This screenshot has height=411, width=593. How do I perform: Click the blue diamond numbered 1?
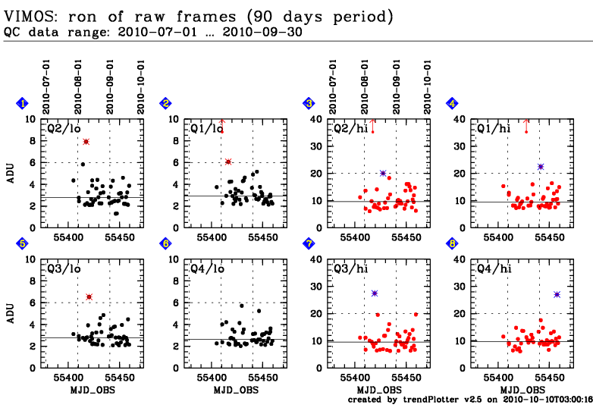24,103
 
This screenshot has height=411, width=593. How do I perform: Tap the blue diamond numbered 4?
453,103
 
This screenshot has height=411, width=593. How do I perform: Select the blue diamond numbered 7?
309,243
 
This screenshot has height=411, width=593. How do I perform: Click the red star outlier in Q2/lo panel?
86,142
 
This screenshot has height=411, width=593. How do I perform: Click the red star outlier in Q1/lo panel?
228,162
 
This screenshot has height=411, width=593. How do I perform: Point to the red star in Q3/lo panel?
89,296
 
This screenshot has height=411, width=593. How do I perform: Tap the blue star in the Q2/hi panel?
383,174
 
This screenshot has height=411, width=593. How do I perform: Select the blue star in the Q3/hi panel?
375,293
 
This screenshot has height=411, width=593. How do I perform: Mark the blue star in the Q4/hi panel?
557,294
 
